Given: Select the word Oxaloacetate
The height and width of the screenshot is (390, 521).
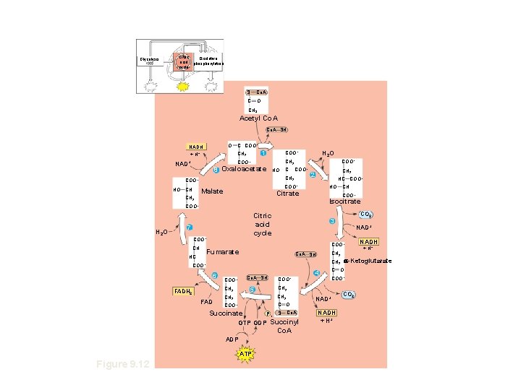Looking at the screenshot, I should pos(245,169).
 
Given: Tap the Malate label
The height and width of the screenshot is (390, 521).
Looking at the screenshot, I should pos(212,191).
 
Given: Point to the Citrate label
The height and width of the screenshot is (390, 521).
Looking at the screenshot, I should pos(288,193).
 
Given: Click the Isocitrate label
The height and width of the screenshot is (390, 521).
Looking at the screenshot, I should pos(344,201).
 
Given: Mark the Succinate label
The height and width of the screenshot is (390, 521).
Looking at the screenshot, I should pos(225,313).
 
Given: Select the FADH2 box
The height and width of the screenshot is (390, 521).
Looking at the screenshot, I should pos(183,291).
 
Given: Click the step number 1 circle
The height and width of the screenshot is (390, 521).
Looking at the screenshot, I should pos(264,152).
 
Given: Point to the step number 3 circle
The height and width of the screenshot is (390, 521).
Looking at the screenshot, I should pos(331,220).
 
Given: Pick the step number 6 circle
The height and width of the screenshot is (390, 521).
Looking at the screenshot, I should pos(215,276).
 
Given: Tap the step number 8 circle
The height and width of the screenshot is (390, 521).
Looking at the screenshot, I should pos(216,170).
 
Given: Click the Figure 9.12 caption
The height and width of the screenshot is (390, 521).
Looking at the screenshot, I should pos(123,364).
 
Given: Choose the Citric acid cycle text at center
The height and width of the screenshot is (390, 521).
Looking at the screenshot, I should pos(262,224).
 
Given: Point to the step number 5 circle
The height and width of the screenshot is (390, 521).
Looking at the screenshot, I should pos(252,290).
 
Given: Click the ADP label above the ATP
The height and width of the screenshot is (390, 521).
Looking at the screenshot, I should pos(231,338).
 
